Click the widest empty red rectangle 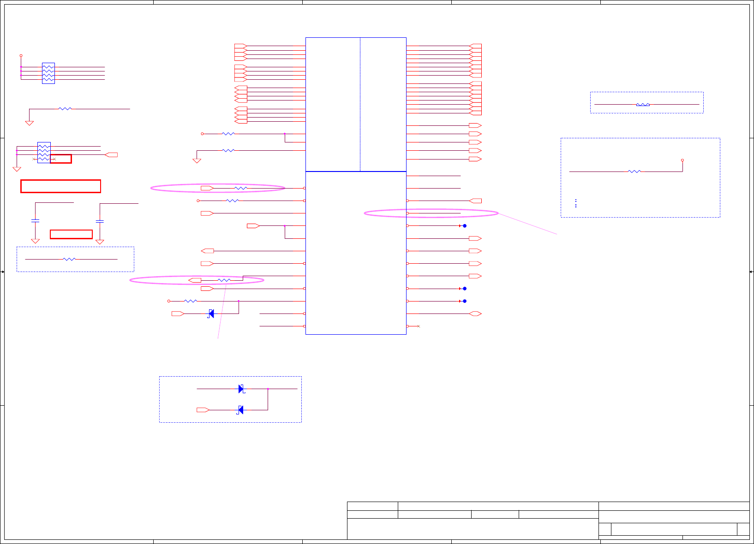60,186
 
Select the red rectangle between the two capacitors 71,234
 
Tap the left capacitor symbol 35,221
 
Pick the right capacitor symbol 100,221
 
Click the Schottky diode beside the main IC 211,313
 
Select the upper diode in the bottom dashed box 241,389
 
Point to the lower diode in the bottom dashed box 240,410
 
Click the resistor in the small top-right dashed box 643,105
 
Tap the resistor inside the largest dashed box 634,171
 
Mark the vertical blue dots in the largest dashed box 576,203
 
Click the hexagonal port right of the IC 475,313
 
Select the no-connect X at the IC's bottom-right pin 419,326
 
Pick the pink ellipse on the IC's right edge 431,213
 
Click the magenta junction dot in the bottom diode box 268,389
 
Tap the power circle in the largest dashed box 682,160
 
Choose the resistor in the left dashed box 69,259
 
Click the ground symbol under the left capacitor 35,241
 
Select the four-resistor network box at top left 48,73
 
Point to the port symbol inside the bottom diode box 203,410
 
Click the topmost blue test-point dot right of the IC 465,226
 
